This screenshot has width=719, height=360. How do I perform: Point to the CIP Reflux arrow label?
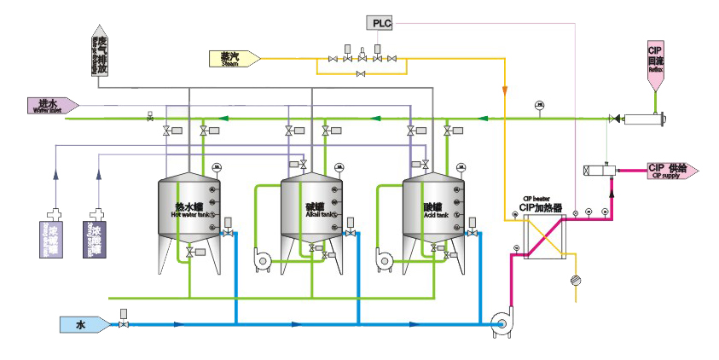655,66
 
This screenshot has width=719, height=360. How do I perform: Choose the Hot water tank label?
188,210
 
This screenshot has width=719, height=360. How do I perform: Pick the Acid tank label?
433,210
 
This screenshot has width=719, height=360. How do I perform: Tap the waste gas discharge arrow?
101,51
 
